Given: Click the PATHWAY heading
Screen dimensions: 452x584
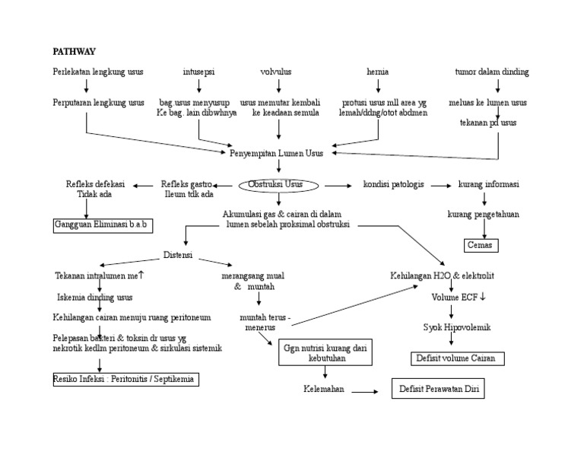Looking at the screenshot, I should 74,52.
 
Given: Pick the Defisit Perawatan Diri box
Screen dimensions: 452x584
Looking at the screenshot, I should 437,389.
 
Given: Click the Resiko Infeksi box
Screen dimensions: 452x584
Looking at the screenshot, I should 125,379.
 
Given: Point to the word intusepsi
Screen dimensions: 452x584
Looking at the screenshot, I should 198,72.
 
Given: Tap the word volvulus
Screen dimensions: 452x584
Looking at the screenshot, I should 276,72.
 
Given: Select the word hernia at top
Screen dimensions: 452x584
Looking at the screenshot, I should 377,72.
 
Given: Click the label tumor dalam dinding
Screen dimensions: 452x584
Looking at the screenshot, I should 491,72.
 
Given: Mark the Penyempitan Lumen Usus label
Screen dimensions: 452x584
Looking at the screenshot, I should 276,153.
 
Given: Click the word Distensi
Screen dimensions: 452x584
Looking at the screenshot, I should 178,254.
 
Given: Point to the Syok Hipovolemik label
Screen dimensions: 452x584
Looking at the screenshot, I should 457,327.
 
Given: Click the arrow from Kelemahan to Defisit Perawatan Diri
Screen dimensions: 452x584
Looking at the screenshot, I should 366,391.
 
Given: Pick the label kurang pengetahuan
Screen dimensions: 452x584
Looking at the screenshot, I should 483,215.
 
